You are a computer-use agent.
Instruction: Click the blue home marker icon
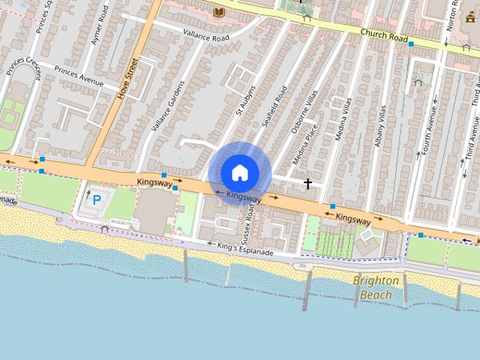pyautogui.click(x=239, y=172)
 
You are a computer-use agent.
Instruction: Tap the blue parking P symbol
pyautogui.click(x=97, y=199)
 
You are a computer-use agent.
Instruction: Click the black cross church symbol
pyautogui.click(x=307, y=183)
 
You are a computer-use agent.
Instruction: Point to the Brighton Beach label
pyautogui.click(x=376, y=287)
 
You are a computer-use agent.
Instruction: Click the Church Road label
pyautogui.click(x=383, y=35)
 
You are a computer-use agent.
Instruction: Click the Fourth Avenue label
pyautogui.click(x=430, y=128)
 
